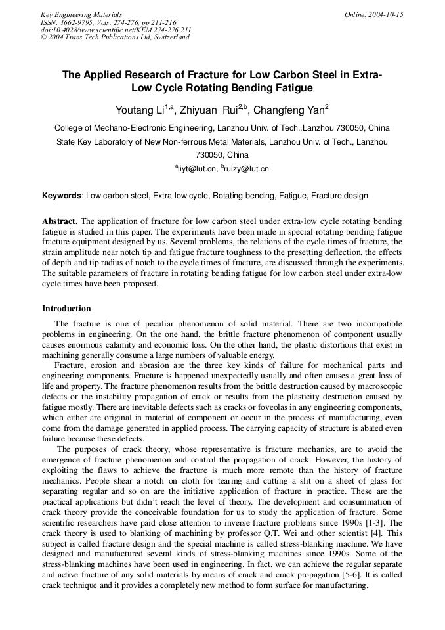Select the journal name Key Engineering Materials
pos(81,14)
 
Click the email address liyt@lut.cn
pos(197,169)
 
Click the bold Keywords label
pos(62,196)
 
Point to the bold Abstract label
pos(60,221)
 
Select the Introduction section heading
pos(66,308)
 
